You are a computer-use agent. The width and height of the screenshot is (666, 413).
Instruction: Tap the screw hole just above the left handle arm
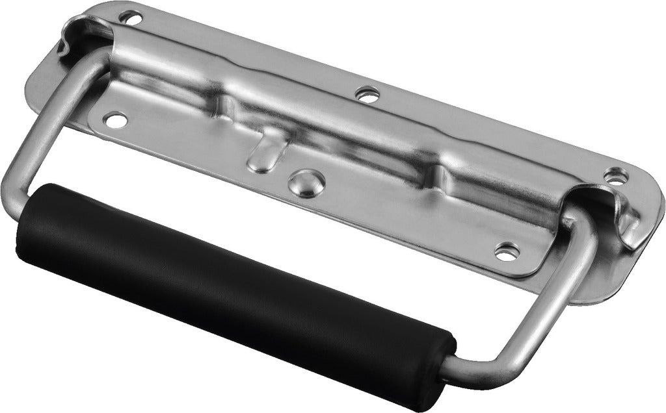click(x=115, y=120)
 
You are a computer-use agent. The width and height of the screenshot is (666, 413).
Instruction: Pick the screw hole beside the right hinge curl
click(x=615, y=175)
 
